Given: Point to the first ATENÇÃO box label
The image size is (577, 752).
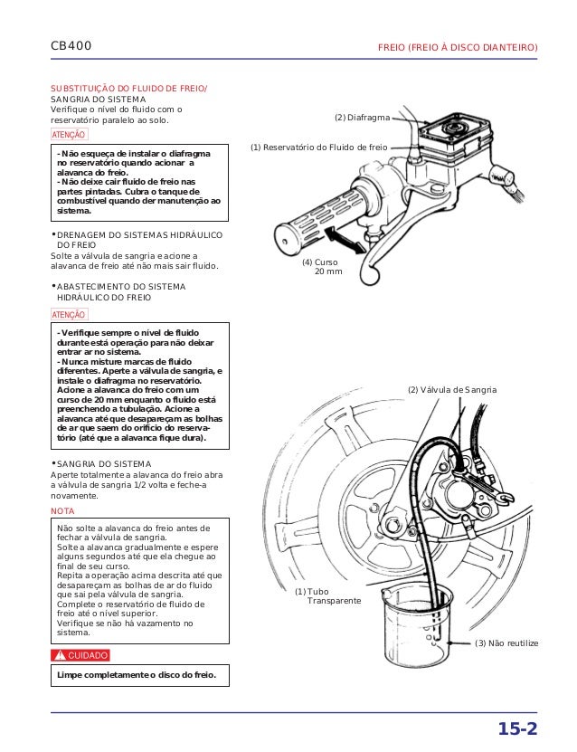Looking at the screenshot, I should (69, 134).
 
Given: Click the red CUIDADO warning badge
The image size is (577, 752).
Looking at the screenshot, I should (81, 655).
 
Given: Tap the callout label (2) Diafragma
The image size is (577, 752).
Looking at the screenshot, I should (362, 119).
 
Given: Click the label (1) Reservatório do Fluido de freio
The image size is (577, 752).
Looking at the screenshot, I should (318, 147).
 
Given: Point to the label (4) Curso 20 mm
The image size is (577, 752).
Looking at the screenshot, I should (322, 267).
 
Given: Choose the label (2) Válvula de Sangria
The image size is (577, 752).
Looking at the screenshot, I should (451, 389).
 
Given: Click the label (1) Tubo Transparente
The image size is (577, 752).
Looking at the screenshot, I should (327, 595).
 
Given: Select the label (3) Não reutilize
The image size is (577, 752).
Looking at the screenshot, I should (506, 643).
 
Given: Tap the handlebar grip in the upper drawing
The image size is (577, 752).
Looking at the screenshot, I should (308, 220).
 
